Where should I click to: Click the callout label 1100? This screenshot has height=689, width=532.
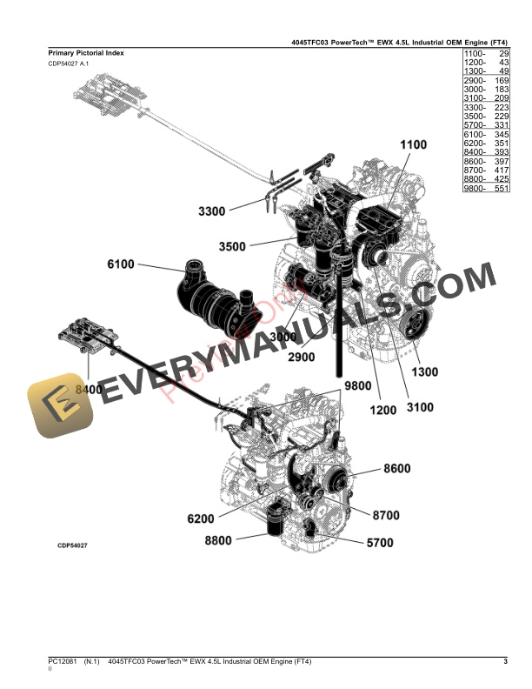[414, 144]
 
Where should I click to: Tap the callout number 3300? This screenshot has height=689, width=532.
[211, 211]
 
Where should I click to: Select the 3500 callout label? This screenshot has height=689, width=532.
[231, 247]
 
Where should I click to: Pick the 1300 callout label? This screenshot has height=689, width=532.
[425, 372]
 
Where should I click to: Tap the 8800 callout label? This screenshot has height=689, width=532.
[218, 540]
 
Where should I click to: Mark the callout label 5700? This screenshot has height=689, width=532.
[380, 543]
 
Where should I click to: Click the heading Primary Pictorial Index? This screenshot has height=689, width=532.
[86, 53]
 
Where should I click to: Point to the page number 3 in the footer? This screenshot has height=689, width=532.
[505, 664]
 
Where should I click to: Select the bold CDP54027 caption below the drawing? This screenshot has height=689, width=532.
[73, 545]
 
